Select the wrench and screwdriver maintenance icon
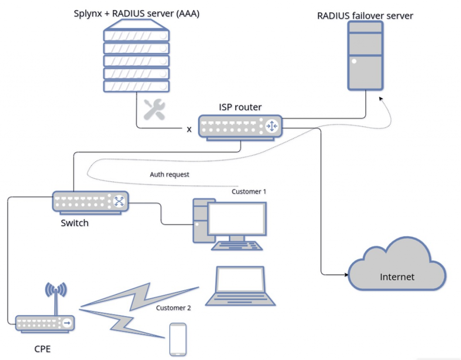[x=154, y=109]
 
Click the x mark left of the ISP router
[x=189, y=130]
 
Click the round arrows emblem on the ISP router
[x=272, y=127]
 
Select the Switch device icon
[x=90, y=201]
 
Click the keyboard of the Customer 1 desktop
[x=237, y=246]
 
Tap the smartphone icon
[x=177, y=339]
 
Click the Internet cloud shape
[x=397, y=270]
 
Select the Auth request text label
[x=169, y=174]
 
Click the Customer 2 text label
[x=173, y=308]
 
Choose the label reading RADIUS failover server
[x=365, y=16]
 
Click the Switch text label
[x=74, y=223]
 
